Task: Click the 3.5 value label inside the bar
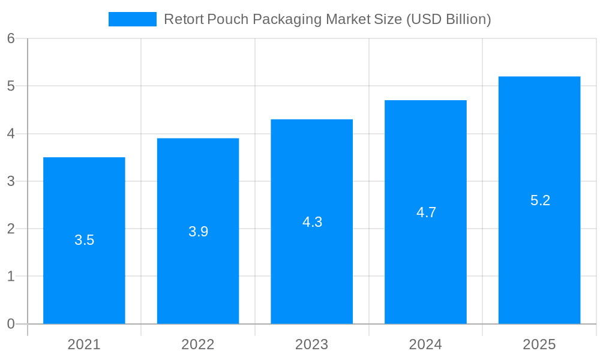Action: [x=84, y=240]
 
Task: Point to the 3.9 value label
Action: [x=198, y=232]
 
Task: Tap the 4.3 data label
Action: [x=312, y=222]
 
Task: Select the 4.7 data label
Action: [x=426, y=212]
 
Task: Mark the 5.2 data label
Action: [x=540, y=200]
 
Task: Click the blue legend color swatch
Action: [x=132, y=19]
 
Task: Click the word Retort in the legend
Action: [x=184, y=19]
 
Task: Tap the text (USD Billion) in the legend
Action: [x=448, y=19]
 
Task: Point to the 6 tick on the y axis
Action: [x=11, y=38]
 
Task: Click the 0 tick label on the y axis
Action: [x=11, y=324]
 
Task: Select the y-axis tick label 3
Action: [x=11, y=181]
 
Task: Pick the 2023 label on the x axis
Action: [x=312, y=344]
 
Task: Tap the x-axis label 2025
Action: [x=539, y=344]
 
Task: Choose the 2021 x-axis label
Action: [x=84, y=344]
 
